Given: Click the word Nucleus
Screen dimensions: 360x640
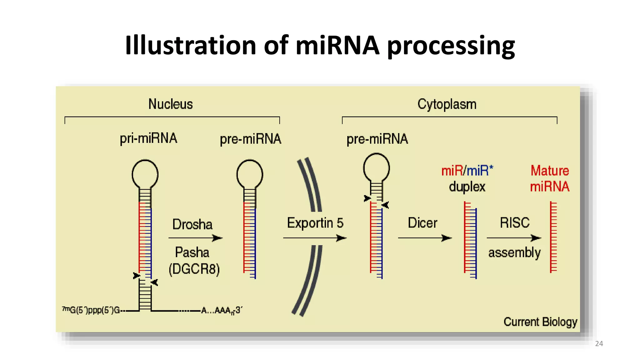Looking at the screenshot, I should (170, 104).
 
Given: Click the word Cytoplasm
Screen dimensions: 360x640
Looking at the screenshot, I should (447, 104).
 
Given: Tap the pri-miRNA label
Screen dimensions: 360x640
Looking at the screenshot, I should (148, 138).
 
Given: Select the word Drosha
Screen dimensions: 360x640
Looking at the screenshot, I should (192, 224).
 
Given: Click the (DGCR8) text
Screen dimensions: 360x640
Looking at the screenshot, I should (194, 269).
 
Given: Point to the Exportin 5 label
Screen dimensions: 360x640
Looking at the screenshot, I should (315, 223).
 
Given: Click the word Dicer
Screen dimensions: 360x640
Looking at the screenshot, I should (422, 223).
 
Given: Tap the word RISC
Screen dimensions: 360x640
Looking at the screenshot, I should (514, 223).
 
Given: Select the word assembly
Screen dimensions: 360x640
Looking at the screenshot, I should (514, 252).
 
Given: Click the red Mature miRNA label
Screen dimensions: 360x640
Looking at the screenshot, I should (550, 179).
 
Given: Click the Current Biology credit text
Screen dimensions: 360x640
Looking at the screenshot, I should (540, 322).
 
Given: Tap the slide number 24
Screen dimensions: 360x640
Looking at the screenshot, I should (599, 344).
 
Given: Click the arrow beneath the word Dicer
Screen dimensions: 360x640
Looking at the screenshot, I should (425, 238).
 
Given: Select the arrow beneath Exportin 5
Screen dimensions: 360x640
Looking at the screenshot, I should (314, 238).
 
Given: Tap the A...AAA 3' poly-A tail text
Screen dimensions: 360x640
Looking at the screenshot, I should (222, 310).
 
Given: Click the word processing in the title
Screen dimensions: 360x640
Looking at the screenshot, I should (451, 46).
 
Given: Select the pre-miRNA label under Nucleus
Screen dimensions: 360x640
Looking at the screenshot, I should (250, 139).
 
